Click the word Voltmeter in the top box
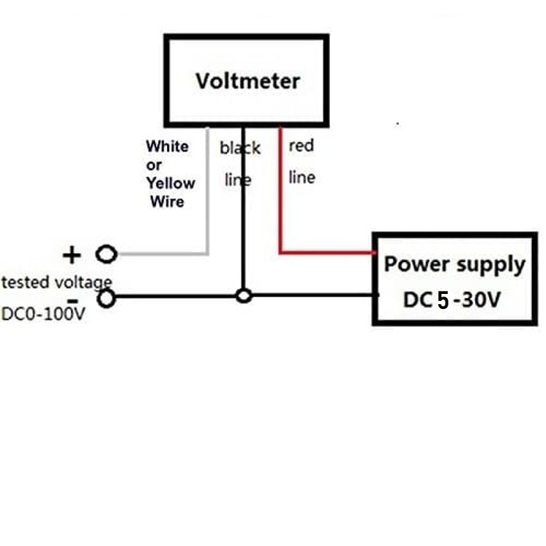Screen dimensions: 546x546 click(x=247, y=81)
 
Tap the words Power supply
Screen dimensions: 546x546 click(x=454, y=264)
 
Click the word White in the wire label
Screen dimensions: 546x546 click(x=167, y=147)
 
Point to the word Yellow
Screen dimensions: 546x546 click(x=171, y=183)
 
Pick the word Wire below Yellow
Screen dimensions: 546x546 click(x=167, y=202)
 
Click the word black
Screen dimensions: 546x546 click(x=239, y=147)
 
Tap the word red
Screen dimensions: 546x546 click(x=301, y=146)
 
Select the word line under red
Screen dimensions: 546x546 click(x=302, y=178)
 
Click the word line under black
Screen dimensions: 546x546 click(x=238, y=180)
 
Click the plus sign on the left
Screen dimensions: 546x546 click(x=71, y=254)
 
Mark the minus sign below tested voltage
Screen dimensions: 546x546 click(x=72, y=300)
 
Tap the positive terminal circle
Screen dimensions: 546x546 click(x=106, y=253)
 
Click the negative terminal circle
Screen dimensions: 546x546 click(x=106, y=297)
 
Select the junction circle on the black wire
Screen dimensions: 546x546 click(x=244, y=296)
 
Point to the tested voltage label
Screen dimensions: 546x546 click(x=57, y=282)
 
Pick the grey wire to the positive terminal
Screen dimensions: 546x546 click(x=207, y=203)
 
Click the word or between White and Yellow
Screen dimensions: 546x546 click(x=154, y=165)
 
